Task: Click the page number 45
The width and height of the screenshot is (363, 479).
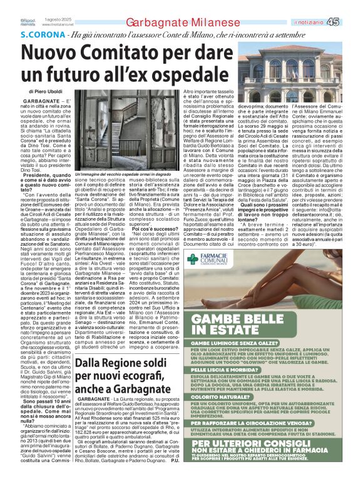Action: [350, 22]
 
